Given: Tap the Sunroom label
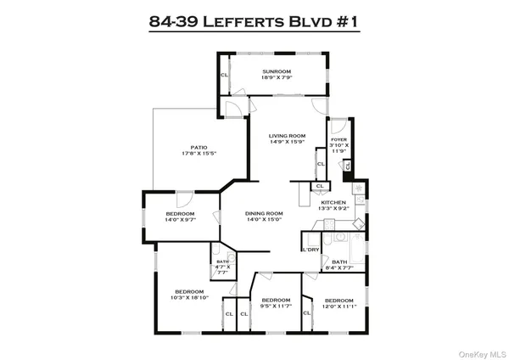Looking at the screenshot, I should (277, 70).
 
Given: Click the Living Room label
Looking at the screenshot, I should (287, 136).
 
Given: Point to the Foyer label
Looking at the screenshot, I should (339, 138).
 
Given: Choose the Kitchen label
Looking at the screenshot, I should (333, 202).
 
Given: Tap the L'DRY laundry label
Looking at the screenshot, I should (310, 249).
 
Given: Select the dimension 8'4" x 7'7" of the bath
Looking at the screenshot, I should (339, 268).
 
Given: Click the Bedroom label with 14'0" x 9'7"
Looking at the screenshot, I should (180, 213).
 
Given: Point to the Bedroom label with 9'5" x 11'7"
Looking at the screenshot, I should (276, 300).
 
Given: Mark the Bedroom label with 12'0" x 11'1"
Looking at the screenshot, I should (338, 300).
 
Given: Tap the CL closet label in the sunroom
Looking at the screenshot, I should (225, 75).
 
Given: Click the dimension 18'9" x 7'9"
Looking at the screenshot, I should (277, 78).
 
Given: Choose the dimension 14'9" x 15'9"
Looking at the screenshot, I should (287, 143).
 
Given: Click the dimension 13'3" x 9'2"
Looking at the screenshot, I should (333, 209).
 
